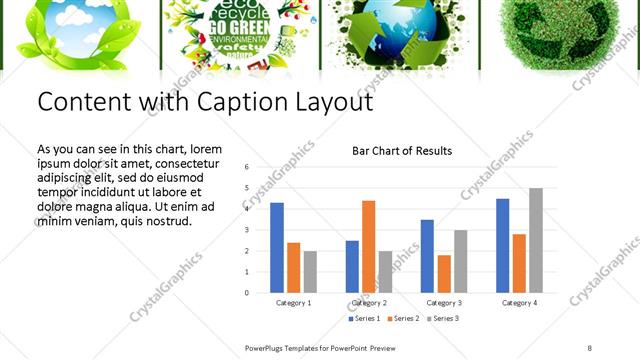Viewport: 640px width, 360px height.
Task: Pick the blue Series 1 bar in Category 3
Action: click(x=427, y=256)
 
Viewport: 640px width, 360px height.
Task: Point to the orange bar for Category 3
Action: click(x=444, y=274)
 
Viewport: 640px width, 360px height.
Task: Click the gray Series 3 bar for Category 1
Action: click(x=311, y=272)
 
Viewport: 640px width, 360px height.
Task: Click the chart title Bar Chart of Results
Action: click(x=402, y=151)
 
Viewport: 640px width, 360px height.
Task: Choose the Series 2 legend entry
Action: click(x=403, y=318)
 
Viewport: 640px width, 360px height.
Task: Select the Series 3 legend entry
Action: click(x=441, y=318)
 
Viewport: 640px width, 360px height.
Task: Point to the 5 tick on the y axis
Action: click(x=246, y=188)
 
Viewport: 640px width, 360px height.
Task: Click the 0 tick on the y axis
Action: click(x=246, y=293)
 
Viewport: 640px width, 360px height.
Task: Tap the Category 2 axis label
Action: click(x=369, y=302)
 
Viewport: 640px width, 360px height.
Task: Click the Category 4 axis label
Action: click(x=519, y=302)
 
